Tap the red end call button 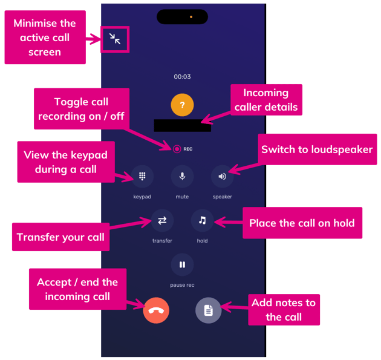156,311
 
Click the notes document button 208,310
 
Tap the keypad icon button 142,176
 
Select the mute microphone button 182,176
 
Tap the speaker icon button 222,176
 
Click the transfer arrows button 162,220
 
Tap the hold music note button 202,220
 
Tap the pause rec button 182,264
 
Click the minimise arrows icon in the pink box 115,39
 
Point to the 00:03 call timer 182,77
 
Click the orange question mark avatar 182,105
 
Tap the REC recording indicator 182,149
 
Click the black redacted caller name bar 182,126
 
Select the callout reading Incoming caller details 266,100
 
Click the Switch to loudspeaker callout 316,149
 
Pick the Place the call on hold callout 302,223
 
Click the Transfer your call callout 60,237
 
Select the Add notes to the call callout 284,309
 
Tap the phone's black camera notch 182,17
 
